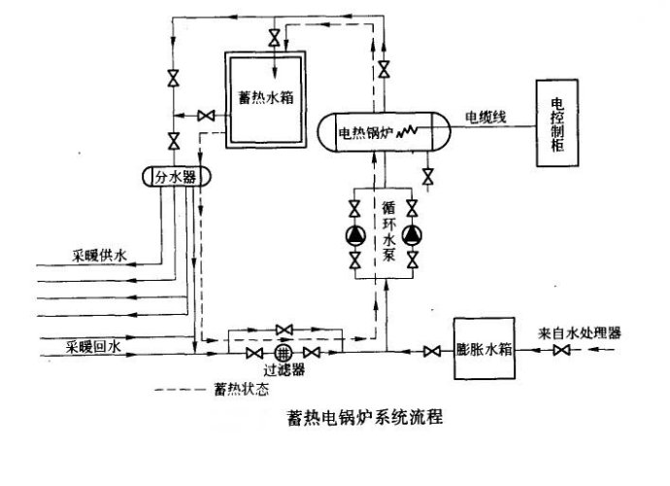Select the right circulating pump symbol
[x=413, y=234]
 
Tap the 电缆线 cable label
[x=484, y=118]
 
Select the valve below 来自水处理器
[x=561, y=350]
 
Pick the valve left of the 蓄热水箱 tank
[x=206, y=116]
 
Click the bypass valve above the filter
[x=284, y=330]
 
